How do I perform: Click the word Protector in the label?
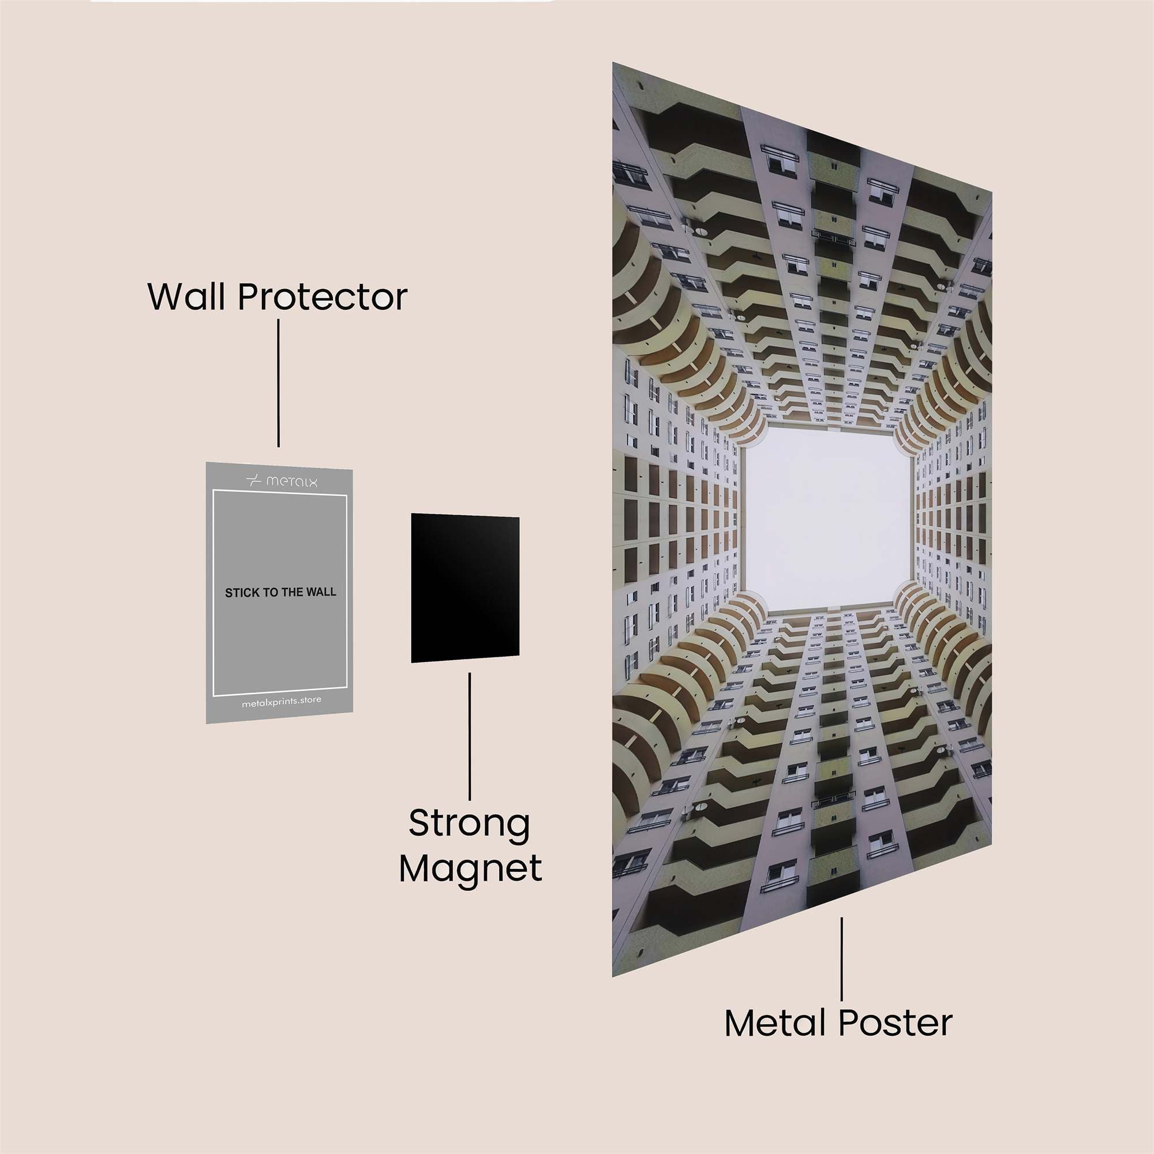click(x=323, y=296)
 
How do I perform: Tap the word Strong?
click(x=470, y=825)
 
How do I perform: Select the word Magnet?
click(x=471, y=868)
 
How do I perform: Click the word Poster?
click(x=896, y=1023)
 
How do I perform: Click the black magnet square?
click(x=464, y=589)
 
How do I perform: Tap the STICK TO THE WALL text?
click(x=280, y=593)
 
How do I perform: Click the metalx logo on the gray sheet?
click(x=282, y=480)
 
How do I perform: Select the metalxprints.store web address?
click(x=282, y=701)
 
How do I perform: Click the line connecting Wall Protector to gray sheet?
click(x=278, y=384)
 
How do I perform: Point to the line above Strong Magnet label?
click(x=470, y=736)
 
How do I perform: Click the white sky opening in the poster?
click(x=827, y=520)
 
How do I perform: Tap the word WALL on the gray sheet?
click(x=321, y=593)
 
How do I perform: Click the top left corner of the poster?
click(x=613, y=62)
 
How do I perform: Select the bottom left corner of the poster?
click(x=613, y=977)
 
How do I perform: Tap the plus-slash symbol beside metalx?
click(x=254, y=480)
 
